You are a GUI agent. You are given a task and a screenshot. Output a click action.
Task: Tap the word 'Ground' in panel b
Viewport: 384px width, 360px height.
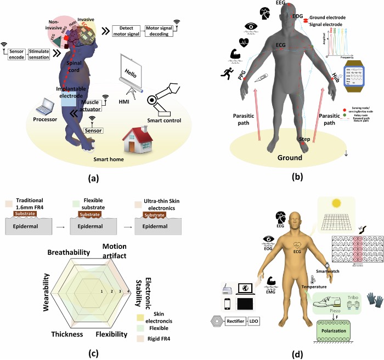click(289, 158)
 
